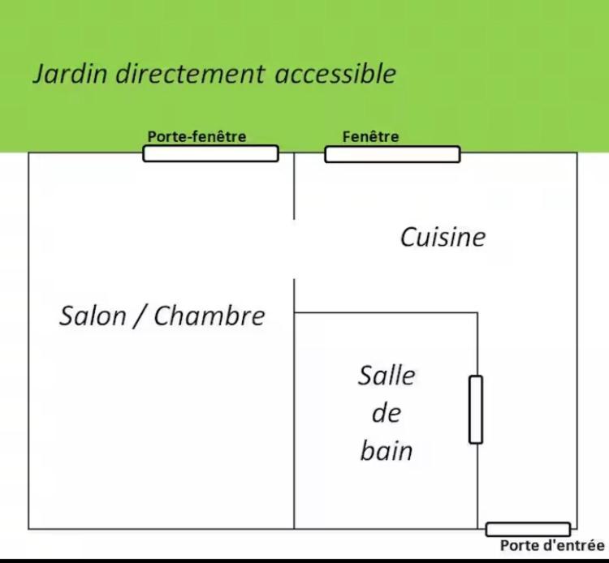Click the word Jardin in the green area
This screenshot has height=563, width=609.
point(70,74)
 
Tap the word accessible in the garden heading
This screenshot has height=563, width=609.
point(335,73)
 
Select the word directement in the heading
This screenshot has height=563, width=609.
point(190,73)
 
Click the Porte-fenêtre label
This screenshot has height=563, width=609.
point(197,136)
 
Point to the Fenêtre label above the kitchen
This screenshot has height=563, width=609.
point(370,136)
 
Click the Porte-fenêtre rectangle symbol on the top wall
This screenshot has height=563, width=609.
point(211,153)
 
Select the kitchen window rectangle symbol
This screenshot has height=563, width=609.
point(393,154)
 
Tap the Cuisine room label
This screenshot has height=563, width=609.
point(443,237)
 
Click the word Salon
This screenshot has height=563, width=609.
point(93,316)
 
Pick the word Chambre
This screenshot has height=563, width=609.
point(209,316)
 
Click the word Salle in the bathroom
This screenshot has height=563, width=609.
point(387,376)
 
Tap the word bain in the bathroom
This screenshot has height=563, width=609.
point(387,451)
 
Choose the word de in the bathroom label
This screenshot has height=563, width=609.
point(387,413)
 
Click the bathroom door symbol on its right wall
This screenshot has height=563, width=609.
point(476,410)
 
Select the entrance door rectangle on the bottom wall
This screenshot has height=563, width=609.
point(529,530)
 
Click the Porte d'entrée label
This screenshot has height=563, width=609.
point(552,545)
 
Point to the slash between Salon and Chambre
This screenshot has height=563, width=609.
point(140,316)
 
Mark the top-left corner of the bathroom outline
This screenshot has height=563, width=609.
point(295,312)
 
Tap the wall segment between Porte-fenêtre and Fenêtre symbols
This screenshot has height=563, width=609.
point(301,153)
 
